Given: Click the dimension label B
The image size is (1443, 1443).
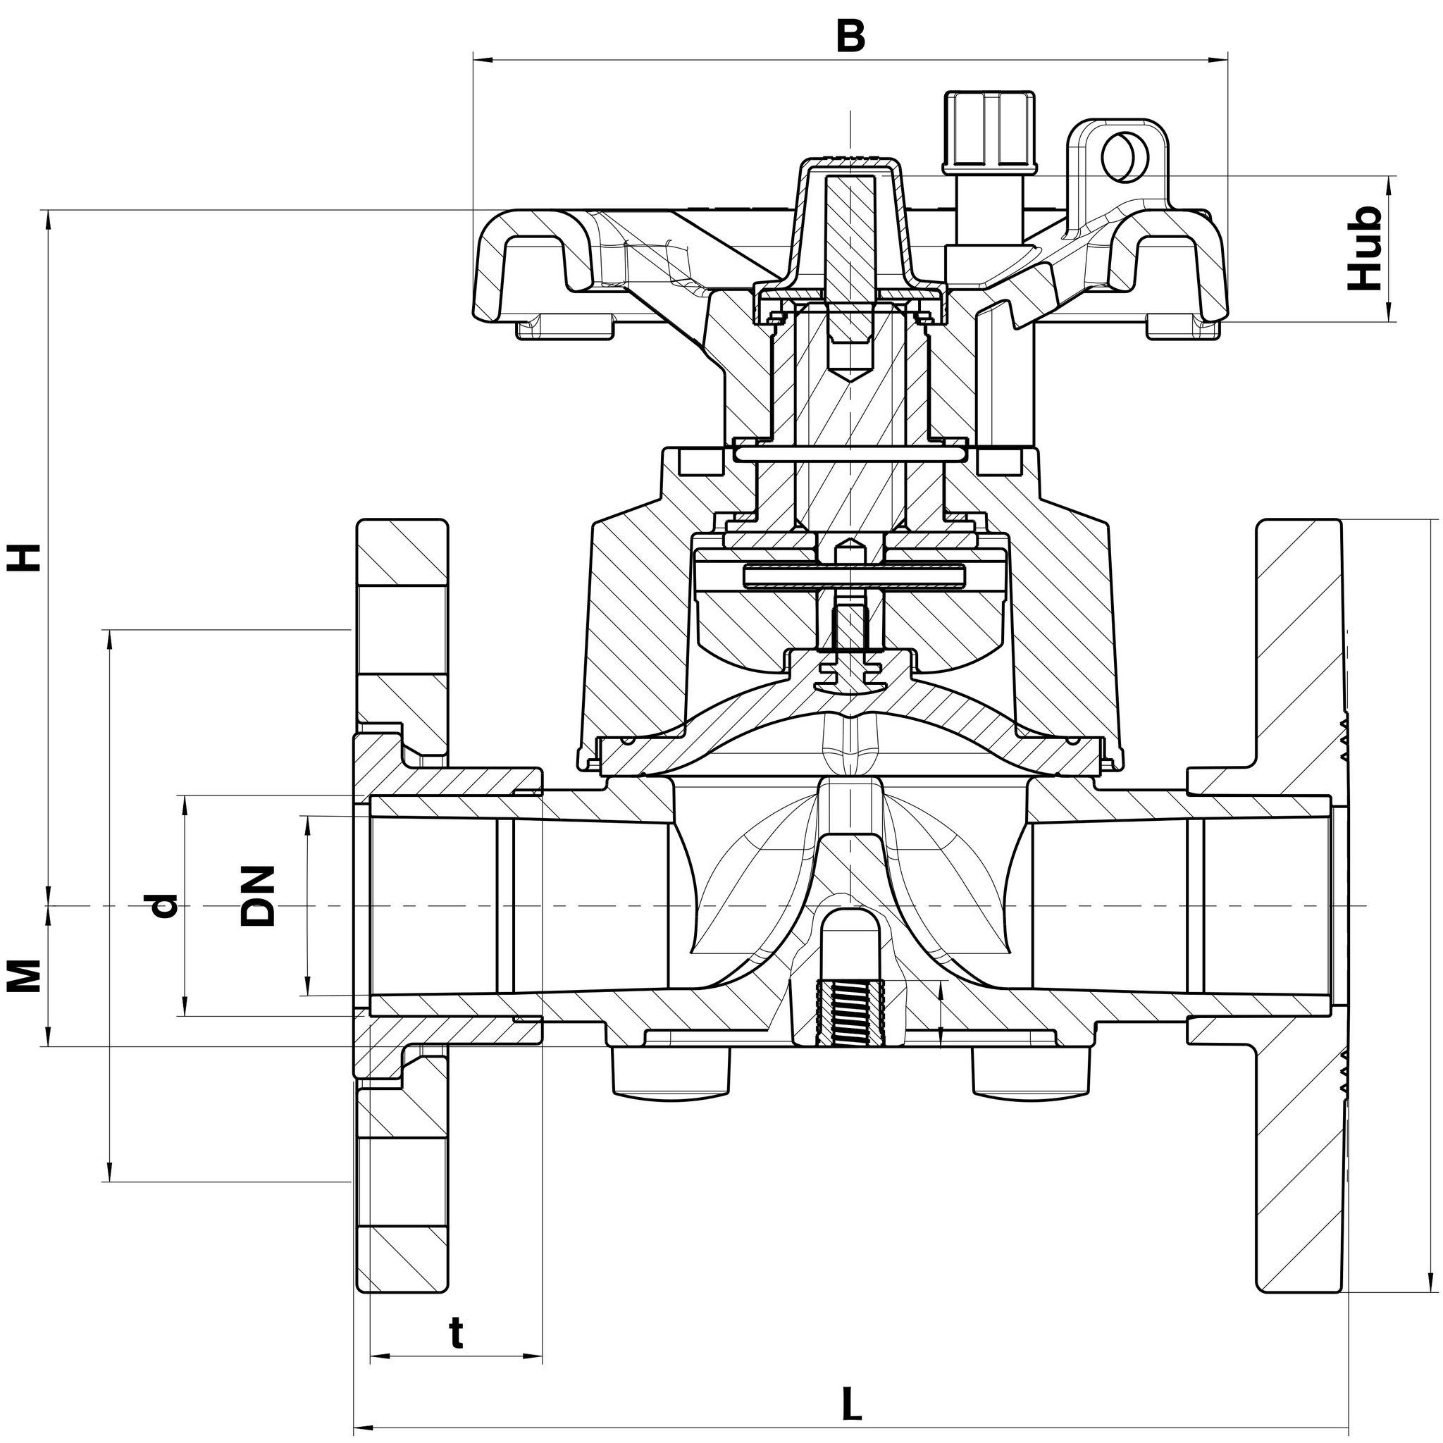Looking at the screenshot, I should point(850,35).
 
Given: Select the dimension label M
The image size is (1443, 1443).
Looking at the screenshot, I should point(24,975).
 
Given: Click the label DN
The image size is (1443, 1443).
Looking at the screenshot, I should point(258,896).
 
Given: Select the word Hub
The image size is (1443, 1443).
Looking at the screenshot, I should point(1365,248).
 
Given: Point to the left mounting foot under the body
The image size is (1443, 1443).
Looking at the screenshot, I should point(670,1072).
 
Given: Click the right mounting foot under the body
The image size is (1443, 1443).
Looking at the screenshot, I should point(1030,1072).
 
